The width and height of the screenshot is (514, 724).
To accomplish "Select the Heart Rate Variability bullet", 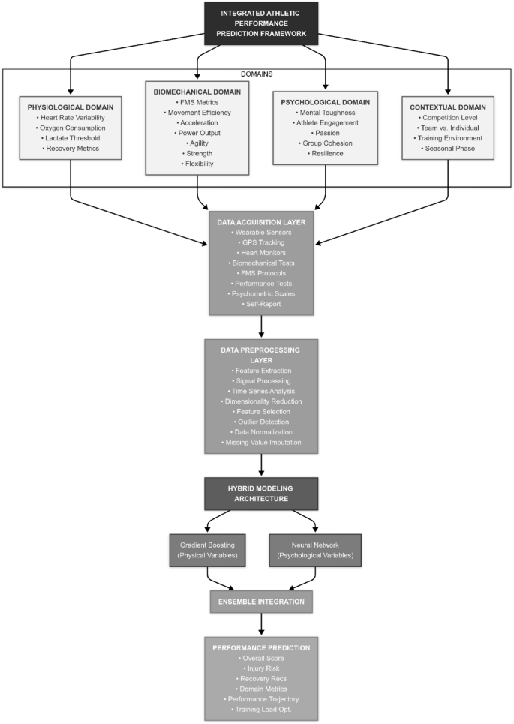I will pyautogui.click(x=71, y=117).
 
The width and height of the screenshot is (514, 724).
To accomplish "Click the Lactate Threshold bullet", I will pyautogui.click(x=71, y=138).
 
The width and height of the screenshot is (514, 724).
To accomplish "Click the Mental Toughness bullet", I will pyautogui.click(x=326, y=111).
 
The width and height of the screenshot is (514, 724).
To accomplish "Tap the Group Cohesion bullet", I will pyautogui.click(x=326, y=143).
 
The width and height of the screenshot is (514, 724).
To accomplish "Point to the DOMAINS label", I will pyautogui.click(x=257, y=75).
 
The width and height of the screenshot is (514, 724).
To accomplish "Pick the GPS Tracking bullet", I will pyautogui.click(x=260, y=244).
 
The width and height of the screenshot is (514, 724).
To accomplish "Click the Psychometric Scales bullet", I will pyautogui.click(x=260, y=293).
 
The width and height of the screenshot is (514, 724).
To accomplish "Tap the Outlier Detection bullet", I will pyautogui.click(x=260, y=422).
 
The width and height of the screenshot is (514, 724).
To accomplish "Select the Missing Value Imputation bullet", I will pyautogui.click(x=260, y=443).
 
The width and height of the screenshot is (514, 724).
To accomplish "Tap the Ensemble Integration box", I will pyautogui.click(x=260, y=602).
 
